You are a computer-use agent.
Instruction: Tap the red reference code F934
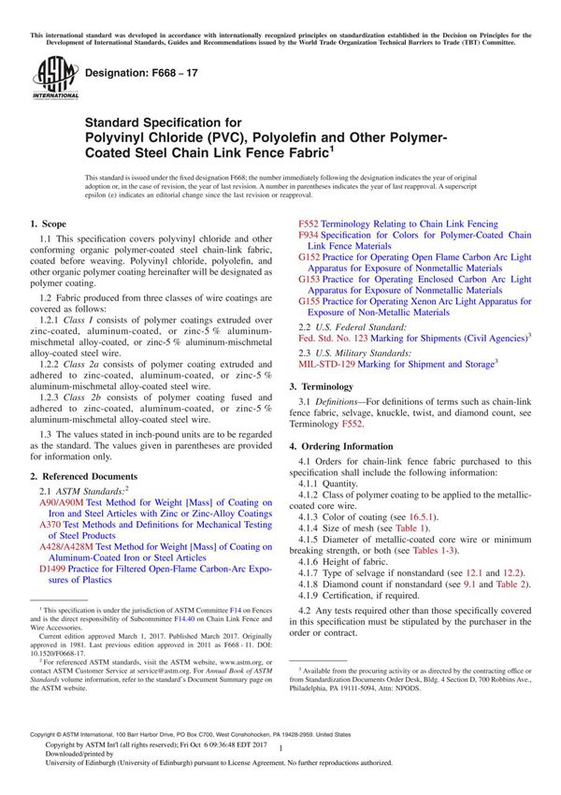point(311,236)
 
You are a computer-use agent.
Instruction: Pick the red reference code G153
point(311,280)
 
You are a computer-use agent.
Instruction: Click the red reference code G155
point(311,302)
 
